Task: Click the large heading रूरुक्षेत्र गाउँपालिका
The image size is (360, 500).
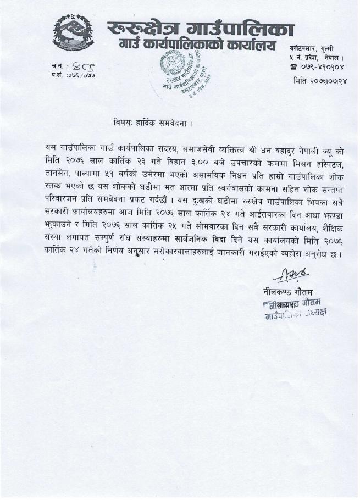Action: coord(200,27)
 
